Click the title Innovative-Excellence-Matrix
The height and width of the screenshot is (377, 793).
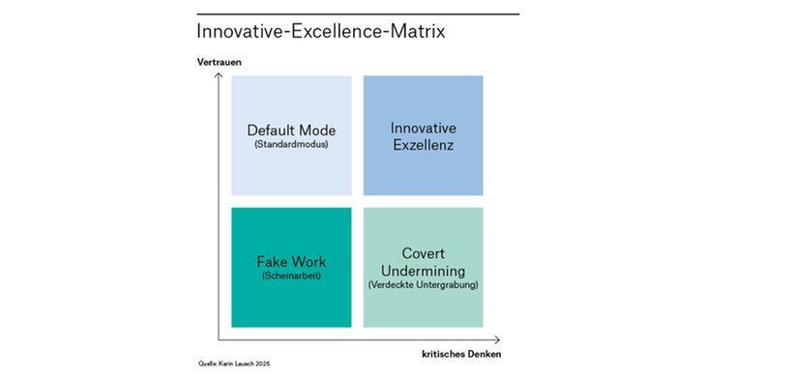(x=321, y=31)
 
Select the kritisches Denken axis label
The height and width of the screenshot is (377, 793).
(x=461, y=354)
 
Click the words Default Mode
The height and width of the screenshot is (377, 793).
(x=291, y=130)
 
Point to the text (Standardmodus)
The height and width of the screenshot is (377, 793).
(x=291, y=144)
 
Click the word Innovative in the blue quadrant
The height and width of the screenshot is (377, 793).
(x=423, y=128)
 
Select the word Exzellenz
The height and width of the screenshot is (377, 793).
(x=423, y=146)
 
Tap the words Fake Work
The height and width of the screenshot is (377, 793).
(x=291, y=262)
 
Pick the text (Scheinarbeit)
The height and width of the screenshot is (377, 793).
(x=291, y=276)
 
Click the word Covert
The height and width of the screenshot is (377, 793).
(x=424, y=253)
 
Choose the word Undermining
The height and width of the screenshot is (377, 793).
(x=424, y=271)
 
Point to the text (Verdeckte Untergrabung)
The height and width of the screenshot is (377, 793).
(x=424, y=284)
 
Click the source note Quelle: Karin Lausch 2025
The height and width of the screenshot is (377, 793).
(x=234, y=363)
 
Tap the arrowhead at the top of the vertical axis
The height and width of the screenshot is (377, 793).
(x=219, y=73)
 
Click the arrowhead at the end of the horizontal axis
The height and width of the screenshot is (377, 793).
(x=499, y=339)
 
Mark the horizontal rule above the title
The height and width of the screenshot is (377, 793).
(x=358, y=14)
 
